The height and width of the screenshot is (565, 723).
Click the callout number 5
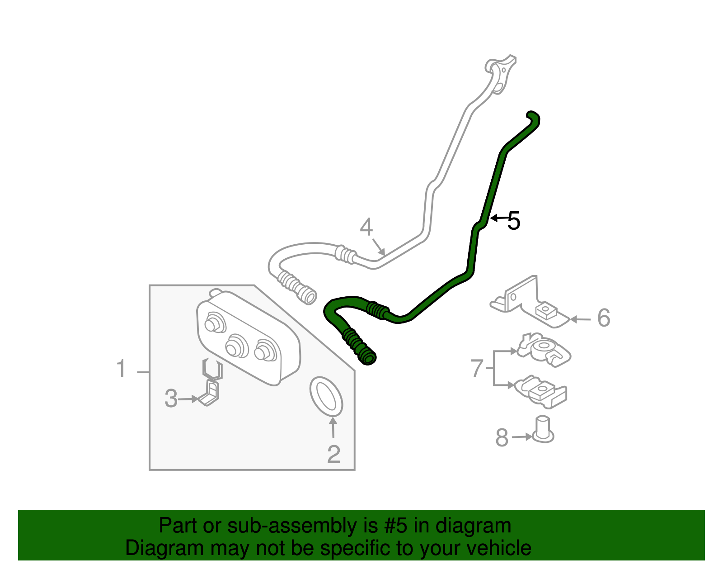[514, 221]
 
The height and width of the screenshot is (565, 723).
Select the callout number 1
[121, 369]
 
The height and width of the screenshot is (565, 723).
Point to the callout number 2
[333, 454]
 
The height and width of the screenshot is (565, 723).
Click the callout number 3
[171, 399]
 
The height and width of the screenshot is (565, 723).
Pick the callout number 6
[603, 318]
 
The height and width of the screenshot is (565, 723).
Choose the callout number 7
[477, 368]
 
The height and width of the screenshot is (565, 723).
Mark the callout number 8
[502, 437]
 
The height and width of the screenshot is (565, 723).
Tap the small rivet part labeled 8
[543, 429]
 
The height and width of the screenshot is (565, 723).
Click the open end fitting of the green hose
[368, 358]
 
